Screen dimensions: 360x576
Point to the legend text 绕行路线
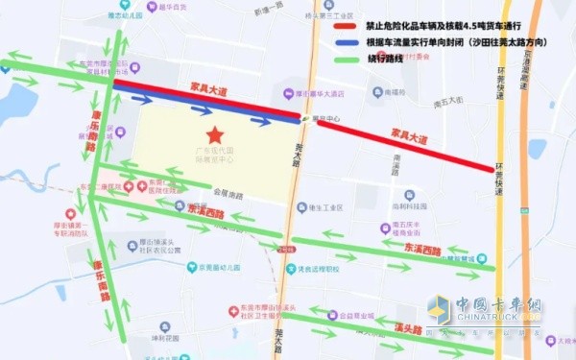point(382,58)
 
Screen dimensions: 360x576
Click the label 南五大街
point(448,101)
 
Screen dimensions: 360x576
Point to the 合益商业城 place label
point(347,314)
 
